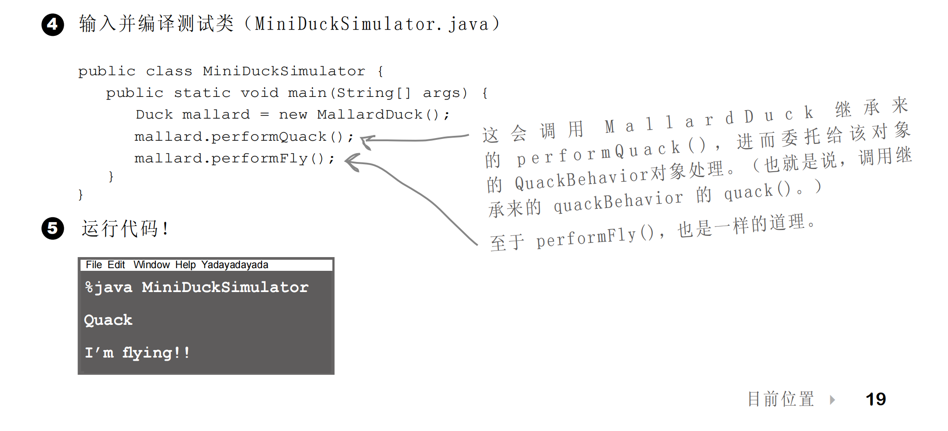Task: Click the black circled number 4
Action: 53,24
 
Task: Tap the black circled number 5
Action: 53,228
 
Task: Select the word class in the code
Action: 169,71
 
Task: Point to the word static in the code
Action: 202,93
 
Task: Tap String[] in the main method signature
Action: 374,93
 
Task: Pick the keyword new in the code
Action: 293,115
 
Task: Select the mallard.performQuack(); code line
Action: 244,137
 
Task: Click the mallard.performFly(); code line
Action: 235,158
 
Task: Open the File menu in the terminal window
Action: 94,265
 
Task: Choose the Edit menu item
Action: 116,265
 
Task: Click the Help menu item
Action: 185,265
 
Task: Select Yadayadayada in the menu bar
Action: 235,265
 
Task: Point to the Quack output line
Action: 108,320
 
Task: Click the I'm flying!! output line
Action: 137,353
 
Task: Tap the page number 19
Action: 875,399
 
